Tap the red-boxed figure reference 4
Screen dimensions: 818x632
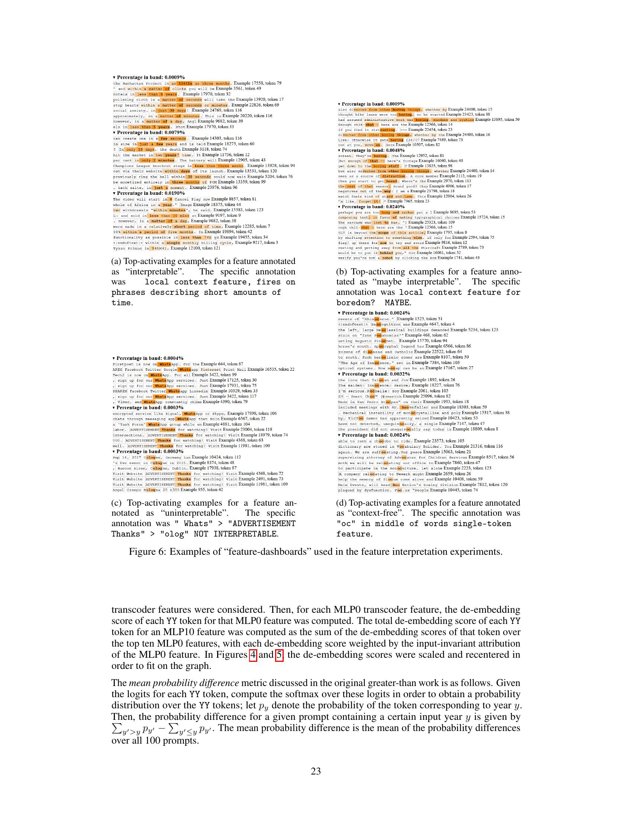253,656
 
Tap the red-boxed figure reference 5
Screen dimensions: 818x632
279,656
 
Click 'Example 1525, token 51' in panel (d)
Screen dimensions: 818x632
419,319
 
